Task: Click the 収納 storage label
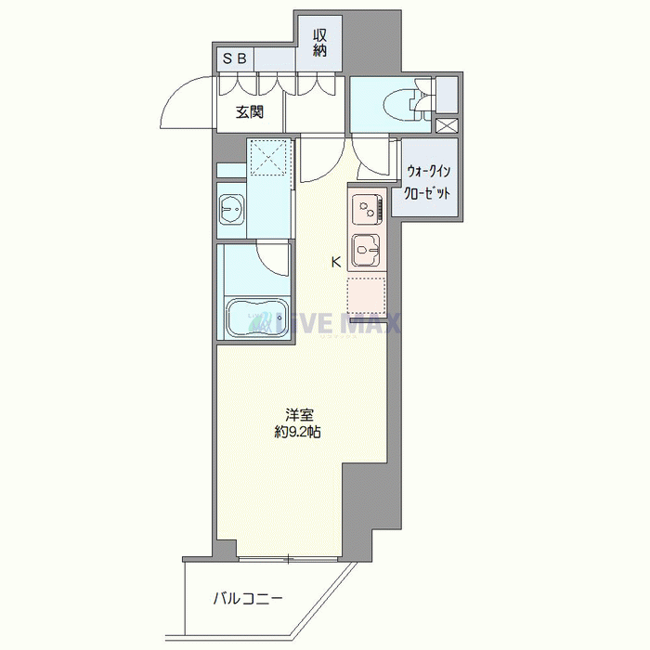pyautogui.click(x=320, y=43)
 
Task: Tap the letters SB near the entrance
pyautogui.click(x=234, y=58)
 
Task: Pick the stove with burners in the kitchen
pyautogui.click(x=368, y=209)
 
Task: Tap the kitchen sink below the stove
pyautogui.click(x=368, y=249)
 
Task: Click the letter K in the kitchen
pyautogui.click(x=336, y=263)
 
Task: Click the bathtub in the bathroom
pyautogui.click(x=254, y=319)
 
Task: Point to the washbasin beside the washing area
pyautogui.click(x=230, y=211)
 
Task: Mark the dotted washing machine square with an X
pyautogui.click(x=269, y=156)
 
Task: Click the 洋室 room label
pyautogui.click(x=297, y=415)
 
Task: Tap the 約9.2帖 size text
pyautogui.click(x=297, y=433)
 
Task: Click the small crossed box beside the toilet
pyautogui.click(x=447, y=125)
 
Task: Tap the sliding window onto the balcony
pyautogui.click(x=288, y=559)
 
